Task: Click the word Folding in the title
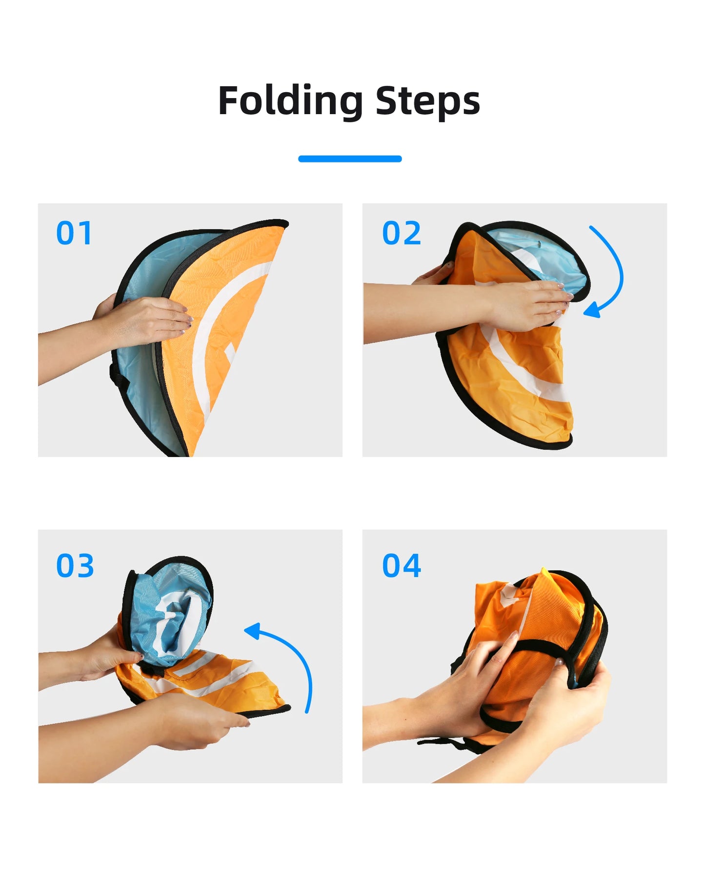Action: point(290,101)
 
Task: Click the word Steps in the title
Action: point(428,101)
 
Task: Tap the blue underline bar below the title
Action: point(350,159)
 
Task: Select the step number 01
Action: point(74,233)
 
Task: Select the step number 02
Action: point(402,233)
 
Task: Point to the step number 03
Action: point(75,566)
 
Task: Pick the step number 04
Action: point(402,566)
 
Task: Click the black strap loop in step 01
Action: point(117,376)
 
